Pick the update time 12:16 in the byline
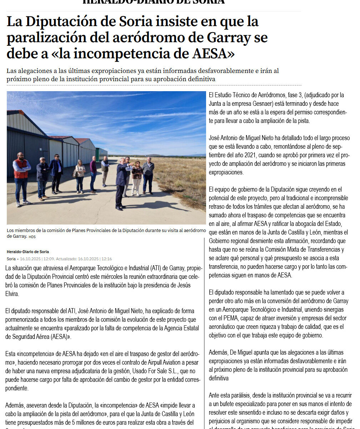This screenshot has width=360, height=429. click(x=106, y=259)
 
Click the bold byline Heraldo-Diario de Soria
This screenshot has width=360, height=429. click(x=28, y=252)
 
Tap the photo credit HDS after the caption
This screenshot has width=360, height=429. click(x=32, y=237)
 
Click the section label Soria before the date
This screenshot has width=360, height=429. click(x=11, y=259)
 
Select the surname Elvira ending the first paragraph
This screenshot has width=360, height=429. click(x=13, y=294)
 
